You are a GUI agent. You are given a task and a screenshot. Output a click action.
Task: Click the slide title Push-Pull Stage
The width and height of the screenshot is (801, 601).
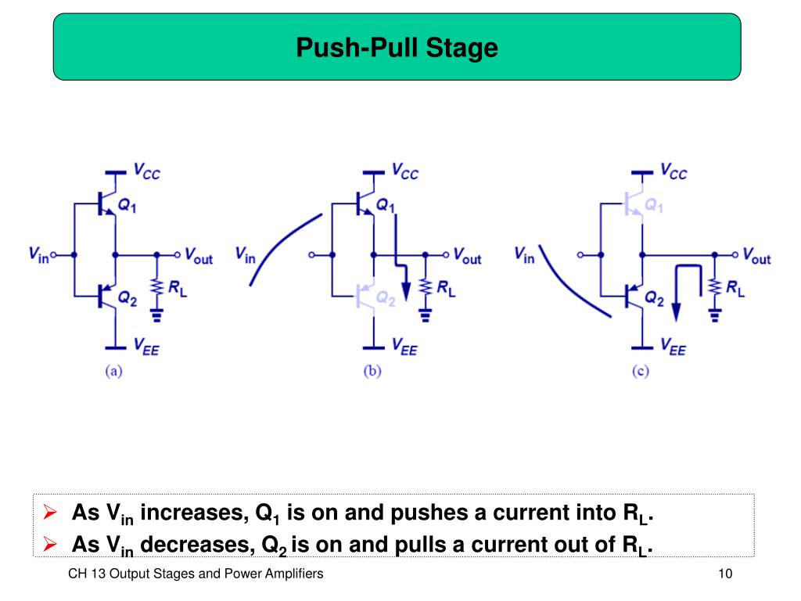(397, 49)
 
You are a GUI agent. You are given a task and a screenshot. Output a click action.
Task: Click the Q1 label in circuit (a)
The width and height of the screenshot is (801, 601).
(128, 205)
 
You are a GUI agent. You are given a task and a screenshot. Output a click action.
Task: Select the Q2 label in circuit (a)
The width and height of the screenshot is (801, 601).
(128, 297)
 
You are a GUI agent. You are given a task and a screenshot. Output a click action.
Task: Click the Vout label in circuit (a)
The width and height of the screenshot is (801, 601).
(198, 256)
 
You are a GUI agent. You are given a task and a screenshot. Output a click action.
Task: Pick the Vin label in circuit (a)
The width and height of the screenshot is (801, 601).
(38, 254)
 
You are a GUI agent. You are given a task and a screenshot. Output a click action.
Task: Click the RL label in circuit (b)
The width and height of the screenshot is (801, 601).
(445, 289)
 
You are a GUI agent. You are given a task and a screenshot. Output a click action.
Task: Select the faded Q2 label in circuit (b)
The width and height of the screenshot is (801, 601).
(386, 297)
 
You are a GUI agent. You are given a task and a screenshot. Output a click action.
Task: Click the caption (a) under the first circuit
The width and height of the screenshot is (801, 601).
(114, 372)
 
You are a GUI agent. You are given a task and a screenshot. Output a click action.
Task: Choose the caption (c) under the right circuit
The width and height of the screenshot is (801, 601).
(641, 372)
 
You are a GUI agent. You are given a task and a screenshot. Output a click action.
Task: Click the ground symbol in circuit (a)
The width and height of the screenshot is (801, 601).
(156, 316)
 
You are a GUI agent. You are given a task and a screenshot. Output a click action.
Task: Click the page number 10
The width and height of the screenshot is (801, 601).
(724, 574)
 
